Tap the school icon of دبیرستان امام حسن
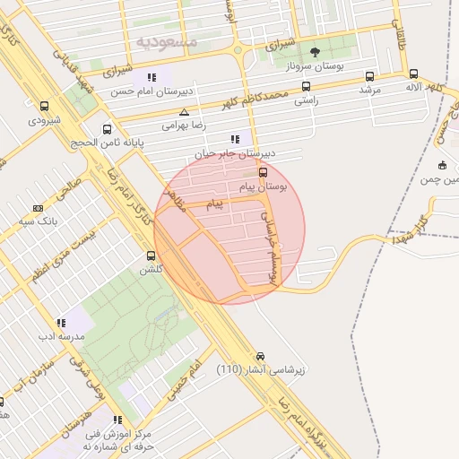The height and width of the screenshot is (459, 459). point(152,77)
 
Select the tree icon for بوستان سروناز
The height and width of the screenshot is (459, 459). point(314,52)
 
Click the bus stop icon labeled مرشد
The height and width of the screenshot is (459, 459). point(370,76)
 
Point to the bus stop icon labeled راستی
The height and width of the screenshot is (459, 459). point(307,87)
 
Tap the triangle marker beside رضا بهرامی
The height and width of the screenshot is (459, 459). point(184,112)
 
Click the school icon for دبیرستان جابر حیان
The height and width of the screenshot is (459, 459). point(235,139)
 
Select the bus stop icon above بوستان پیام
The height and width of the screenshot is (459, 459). point(263,172)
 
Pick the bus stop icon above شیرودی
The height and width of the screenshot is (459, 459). point(44,106)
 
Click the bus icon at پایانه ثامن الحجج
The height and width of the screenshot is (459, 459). point(108,129)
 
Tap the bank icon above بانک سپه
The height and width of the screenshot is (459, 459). point(37,207)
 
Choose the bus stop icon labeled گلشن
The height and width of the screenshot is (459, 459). point(150,255)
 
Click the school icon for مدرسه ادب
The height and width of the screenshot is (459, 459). point(61,323)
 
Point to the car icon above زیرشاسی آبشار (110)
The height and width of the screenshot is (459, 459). point(261,356)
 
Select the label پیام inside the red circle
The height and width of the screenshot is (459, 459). point(213,205)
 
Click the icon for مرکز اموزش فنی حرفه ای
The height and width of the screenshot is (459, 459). point(117,420)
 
